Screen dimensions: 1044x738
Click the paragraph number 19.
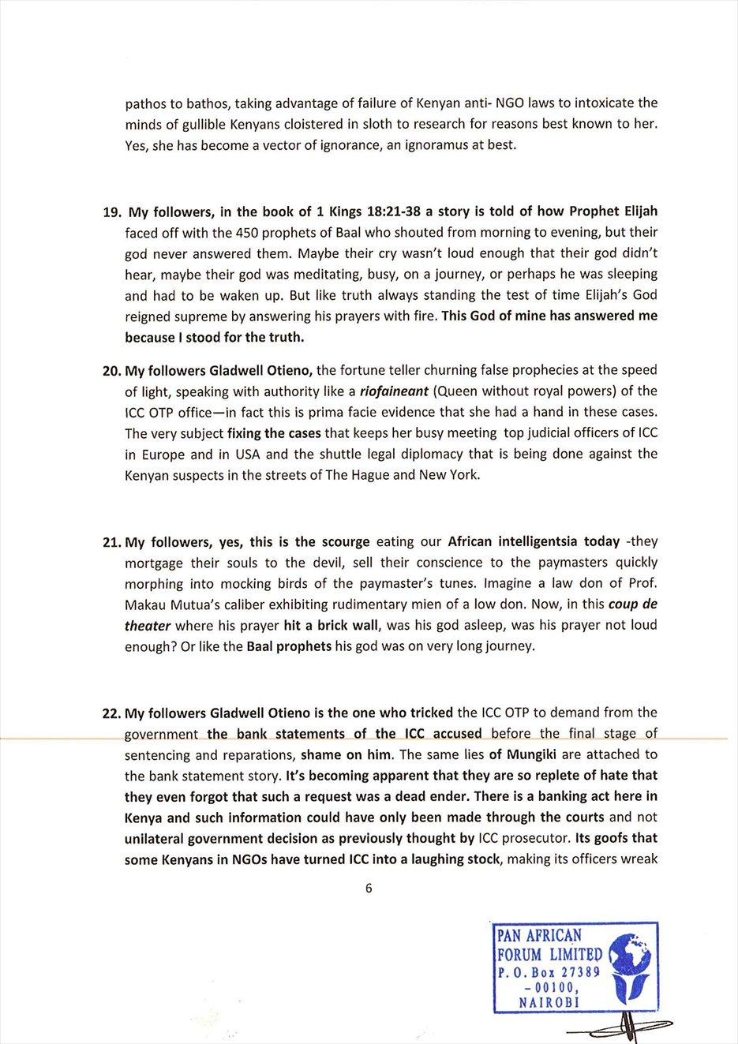(x=111, y=212)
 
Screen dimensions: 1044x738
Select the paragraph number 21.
(x=111, y=542)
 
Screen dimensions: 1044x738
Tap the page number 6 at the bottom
(x=369, y=888)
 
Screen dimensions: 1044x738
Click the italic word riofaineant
(x=394, y=391)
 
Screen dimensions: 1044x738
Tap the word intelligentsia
(x=538, y=541)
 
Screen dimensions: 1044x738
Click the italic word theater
(x=148, y=626)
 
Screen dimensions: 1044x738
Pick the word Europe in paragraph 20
(x=164, y=455)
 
